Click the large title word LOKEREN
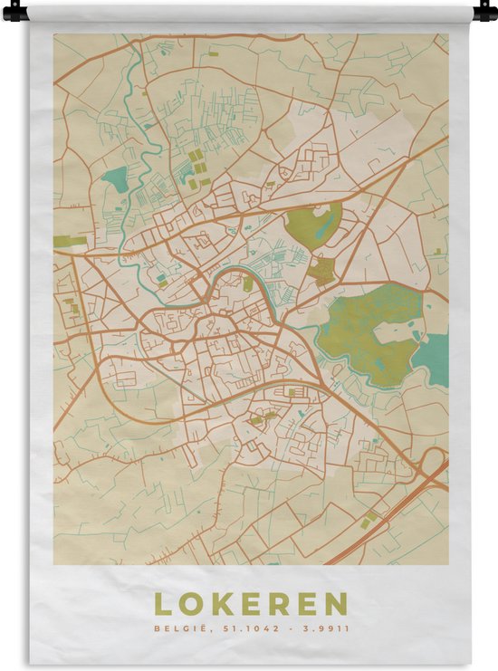click(250, 604)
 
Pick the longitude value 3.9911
click(324, 627)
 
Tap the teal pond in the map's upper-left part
click(115, 179)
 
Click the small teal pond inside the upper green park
click(324, 227)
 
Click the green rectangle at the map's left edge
click(70, 241)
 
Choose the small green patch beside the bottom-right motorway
click(371, 518)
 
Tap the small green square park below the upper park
click(320, 271)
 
